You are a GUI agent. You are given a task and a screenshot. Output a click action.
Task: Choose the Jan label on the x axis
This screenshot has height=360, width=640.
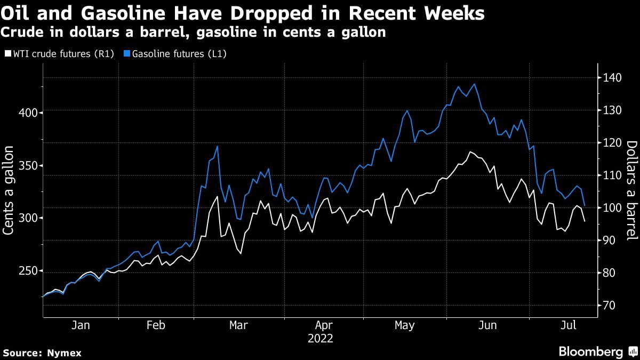[x=80, y=325]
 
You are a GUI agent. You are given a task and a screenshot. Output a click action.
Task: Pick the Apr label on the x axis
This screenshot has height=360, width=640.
[x=324, y=325]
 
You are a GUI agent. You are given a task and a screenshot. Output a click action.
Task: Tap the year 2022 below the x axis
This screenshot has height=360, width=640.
[x=320, y=338]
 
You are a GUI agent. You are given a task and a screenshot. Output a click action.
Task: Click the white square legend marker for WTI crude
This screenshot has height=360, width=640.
[x=7, y=54]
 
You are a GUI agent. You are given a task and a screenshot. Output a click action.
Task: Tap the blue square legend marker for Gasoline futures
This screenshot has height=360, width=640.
[x=127, y=54]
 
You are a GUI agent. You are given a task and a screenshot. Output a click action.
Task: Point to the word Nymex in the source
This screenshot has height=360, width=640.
[x=65, y=353]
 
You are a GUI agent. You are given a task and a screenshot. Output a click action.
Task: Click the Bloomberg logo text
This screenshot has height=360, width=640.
[x=590, y=351]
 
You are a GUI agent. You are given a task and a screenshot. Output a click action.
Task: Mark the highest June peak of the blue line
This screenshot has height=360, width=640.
[x=474, y=84]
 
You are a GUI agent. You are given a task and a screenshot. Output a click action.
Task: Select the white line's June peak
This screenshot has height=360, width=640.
[x=470, y=152]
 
